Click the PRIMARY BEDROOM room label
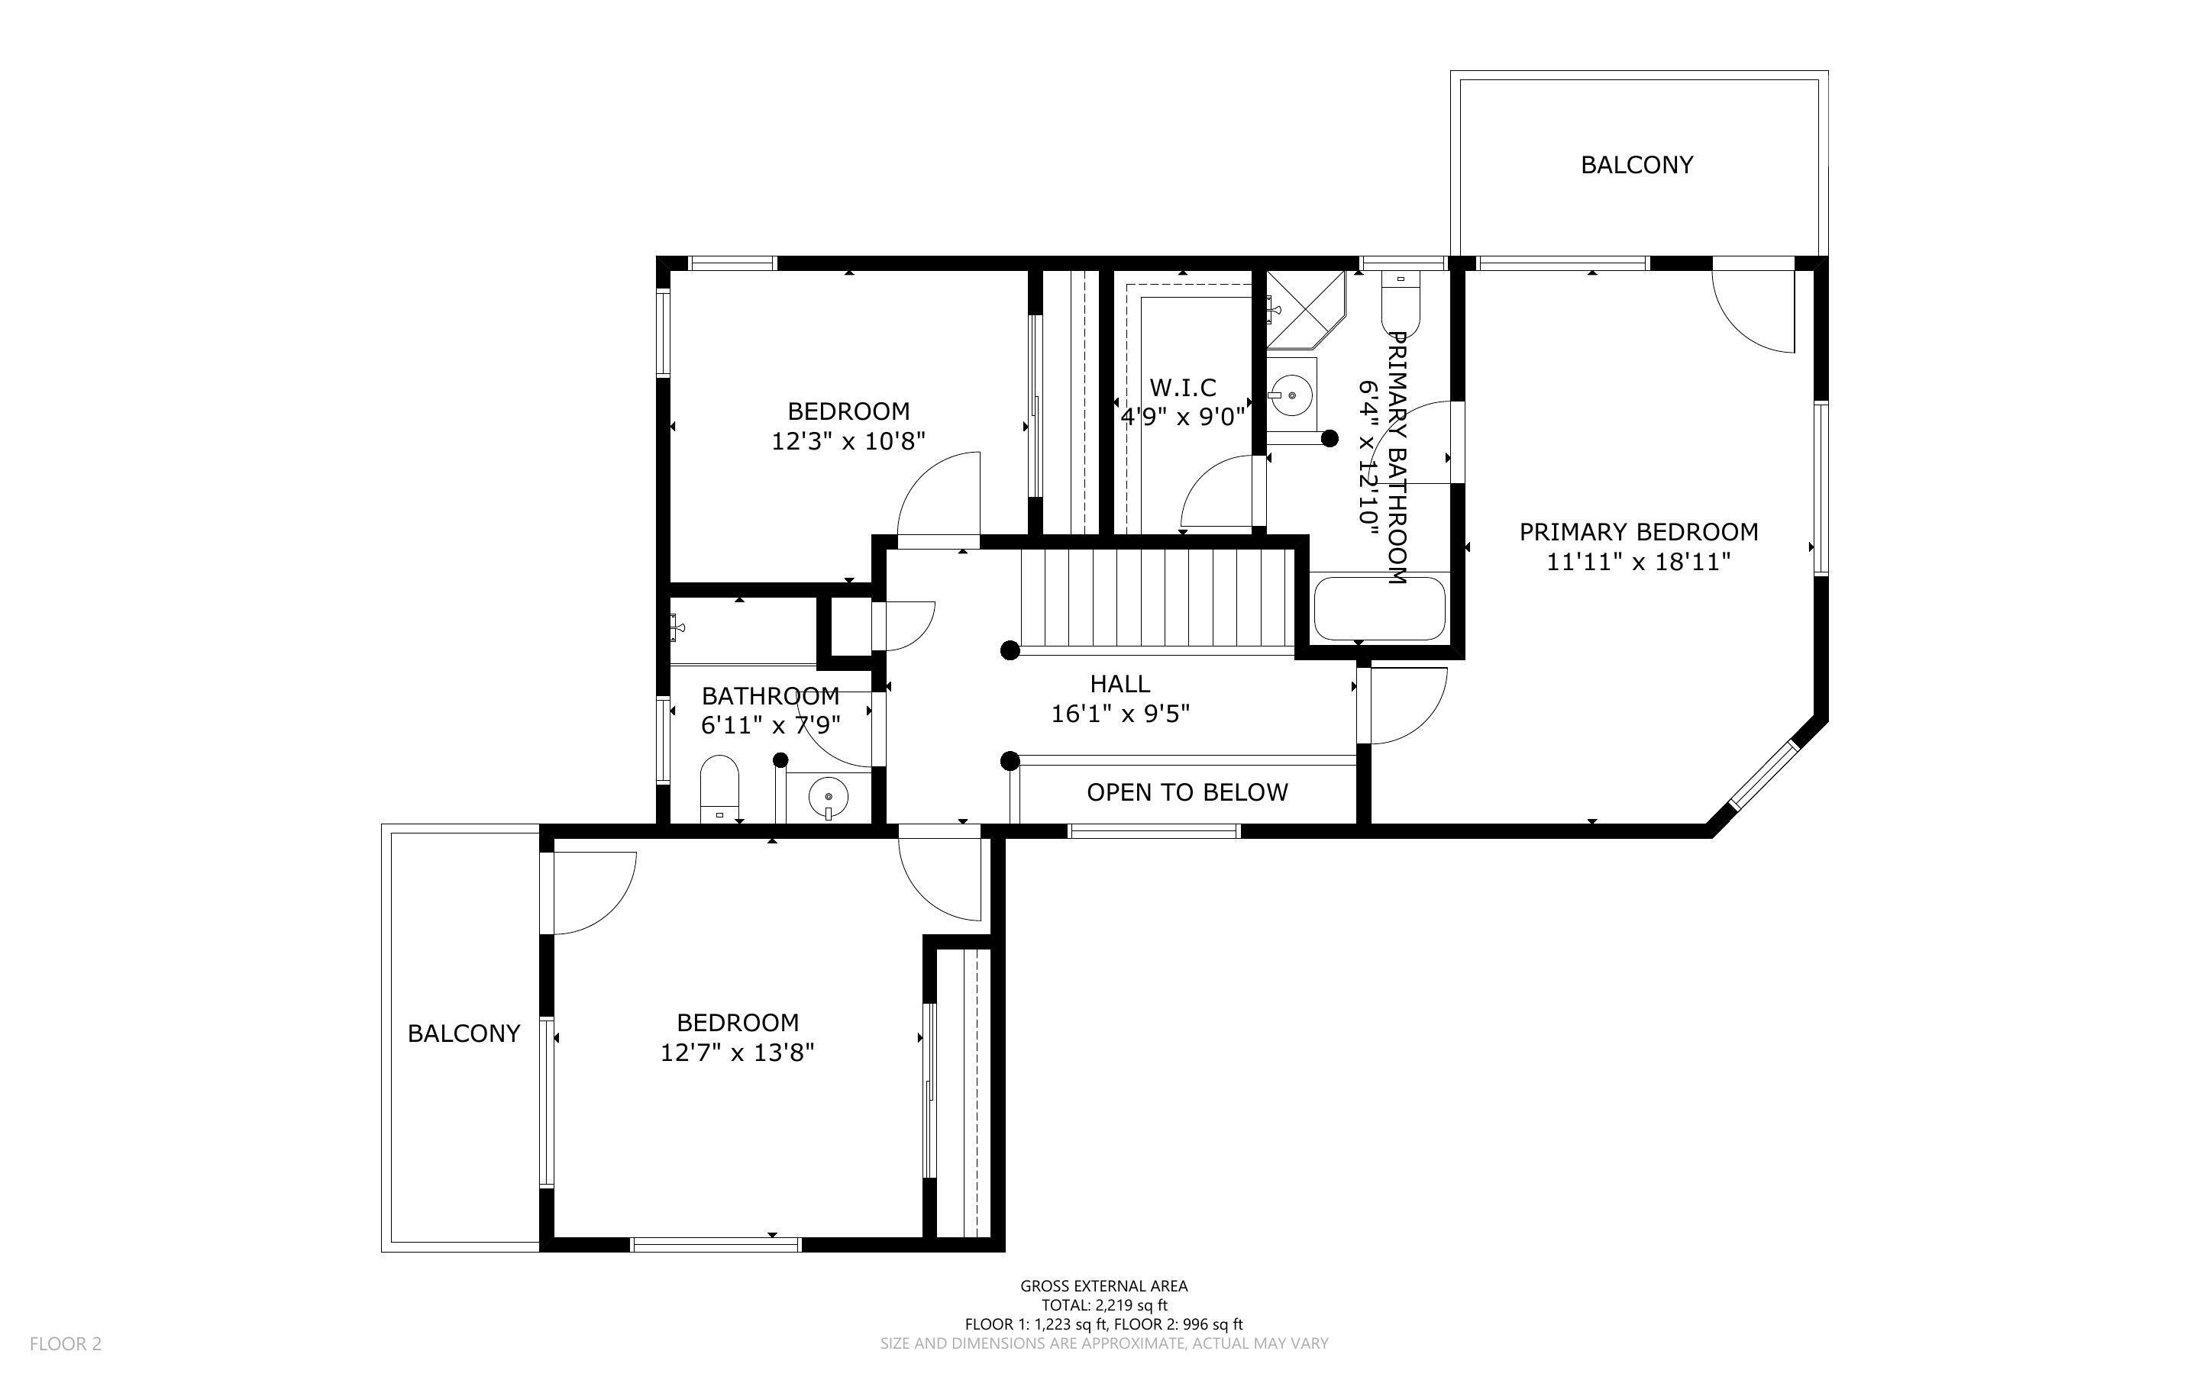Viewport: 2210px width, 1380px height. (1639, 531)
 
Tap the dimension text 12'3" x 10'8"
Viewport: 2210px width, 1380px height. (849, 442)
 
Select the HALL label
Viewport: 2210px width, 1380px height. (1120, 684)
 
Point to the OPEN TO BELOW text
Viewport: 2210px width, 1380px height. (1187, 792)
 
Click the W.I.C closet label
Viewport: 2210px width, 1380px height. (1183, 388)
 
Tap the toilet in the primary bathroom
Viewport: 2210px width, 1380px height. (1401, 305)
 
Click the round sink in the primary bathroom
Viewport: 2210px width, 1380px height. (1291, 395)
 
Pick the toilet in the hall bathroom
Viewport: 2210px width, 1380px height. (719, 788)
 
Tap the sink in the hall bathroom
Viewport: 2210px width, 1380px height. (828, 797)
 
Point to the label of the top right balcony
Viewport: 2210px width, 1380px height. (1636, 165)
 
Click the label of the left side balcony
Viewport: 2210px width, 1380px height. (464, 1033)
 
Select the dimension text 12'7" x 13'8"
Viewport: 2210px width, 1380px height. (738, 1053)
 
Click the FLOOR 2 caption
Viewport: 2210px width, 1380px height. (66, 1343)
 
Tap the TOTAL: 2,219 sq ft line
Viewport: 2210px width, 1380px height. (1104, 1305)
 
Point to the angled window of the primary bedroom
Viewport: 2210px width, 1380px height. (1763, 775)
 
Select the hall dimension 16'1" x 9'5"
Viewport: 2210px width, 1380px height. (1120, 714)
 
